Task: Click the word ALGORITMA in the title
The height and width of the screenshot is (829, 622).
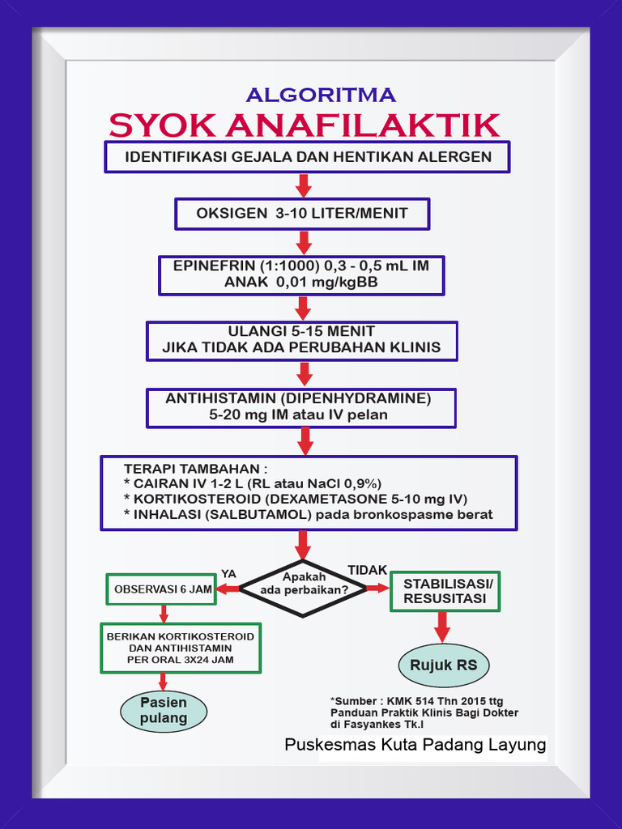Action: (x=321, y=95)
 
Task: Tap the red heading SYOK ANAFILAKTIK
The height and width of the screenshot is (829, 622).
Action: (x=305, y=125)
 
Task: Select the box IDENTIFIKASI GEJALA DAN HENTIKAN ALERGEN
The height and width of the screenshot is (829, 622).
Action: (x=307, y=157)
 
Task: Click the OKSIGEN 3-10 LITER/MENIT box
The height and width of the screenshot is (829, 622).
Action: (x=302, y=214)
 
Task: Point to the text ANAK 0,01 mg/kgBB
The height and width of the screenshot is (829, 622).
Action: (x=300, y=283)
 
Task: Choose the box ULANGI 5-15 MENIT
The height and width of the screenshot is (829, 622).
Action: (x=301, y=340)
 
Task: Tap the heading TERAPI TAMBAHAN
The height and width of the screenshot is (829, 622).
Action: (x=195, y=470)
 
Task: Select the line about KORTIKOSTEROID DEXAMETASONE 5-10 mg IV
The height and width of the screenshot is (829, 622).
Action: (x=295, y=499)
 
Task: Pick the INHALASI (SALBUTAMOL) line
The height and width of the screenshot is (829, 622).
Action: (x=308, y=514)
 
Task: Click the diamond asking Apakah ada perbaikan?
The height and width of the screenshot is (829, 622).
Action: (x=304, y=589)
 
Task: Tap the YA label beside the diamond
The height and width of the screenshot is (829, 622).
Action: (x=228, y=573)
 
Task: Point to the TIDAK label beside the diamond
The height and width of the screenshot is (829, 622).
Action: (x=367, y=571)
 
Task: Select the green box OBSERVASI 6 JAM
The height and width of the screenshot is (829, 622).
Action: (x=163, y=589)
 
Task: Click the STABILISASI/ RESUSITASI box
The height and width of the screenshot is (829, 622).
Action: (x=446, y=591)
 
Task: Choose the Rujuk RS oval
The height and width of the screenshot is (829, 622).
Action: (x=443, y=665)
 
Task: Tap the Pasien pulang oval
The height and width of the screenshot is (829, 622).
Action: (x=164, y=710)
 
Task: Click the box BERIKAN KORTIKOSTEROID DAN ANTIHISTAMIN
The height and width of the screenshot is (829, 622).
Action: (x=180, y=648)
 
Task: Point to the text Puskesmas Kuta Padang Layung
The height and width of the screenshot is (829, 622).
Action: (x=415, y=745)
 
